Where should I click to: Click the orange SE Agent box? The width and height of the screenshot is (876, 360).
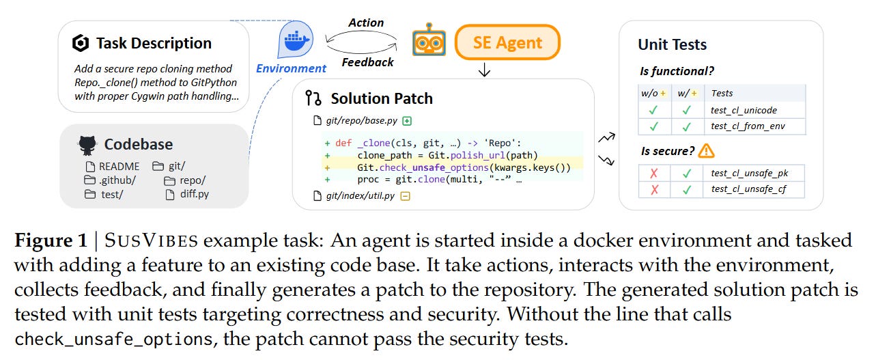pyautogui.click(x=507, y=43)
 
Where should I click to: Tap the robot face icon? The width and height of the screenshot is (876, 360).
pyautogui.click(x=429, y=42)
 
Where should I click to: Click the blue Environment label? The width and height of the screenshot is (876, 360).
pyautogui.click(x=291, y=68)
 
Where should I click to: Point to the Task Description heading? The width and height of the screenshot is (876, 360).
pyautogui.click(x=153, y=43)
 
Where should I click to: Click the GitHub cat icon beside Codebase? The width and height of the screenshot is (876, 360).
pyautogui.click(x=87, y=144)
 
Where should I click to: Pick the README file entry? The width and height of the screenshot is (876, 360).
pyautogui.click(x=112, y=166)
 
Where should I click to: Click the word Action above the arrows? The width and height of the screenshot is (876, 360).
pyautogui.click(x=367, y=23)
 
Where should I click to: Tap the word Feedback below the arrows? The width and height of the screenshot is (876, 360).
pyautogui.click(x=367, y=62)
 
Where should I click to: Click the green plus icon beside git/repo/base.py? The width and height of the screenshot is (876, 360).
pyautogui.click(x=408, y=121)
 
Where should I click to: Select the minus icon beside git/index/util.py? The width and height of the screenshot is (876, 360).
pyautogui.click(x=405, y=197)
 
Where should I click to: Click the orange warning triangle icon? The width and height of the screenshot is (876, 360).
pyautogui.click(x=706, y=150)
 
